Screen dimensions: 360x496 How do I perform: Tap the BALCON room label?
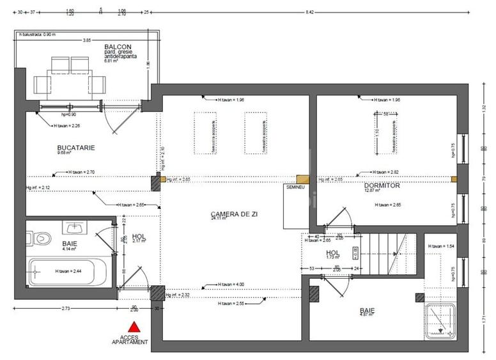tap(118, 47)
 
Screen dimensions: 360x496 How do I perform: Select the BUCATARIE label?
tap(76, 148)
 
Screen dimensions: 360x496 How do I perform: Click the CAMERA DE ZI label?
tap(234, 214)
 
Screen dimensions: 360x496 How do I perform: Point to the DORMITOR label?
tap(382, 185)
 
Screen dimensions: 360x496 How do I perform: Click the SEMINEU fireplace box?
tap(296, 206)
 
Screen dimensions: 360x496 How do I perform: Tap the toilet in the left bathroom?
tap(39, 237)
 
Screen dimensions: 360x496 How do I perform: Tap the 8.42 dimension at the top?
tap(309, 12)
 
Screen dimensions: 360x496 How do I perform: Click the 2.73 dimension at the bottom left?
tap(66, 309)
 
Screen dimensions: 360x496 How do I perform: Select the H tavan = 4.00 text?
tap(230, 285)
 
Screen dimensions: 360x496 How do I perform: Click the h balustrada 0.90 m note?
tap(37, 34)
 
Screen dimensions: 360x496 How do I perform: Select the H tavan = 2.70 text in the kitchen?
tap(81, 172)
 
